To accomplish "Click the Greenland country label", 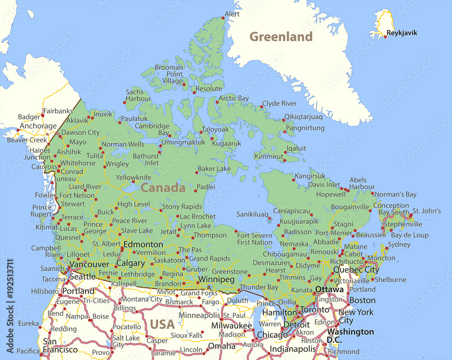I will coord(281,37).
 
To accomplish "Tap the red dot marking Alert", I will coord(223,18).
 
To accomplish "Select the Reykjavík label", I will coord(402,33).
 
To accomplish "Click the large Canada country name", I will coord(163,188).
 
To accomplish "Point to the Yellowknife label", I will coord(133,178).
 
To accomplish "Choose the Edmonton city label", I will coord(143,244).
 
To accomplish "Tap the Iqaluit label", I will coord(297,148).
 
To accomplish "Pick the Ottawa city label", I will coord(329,289).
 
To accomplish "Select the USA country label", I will coord(162,324).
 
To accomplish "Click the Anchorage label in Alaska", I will coord(38,126).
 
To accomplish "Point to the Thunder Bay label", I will coord(259,287).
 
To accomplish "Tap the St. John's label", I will coord(426,211).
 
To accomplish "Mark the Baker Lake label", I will coord(214,168).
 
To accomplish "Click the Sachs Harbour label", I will coord(138,95).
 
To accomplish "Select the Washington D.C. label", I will coord(350,336).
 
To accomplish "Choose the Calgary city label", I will coord(131,263).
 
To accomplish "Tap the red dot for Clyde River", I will coord(261,107).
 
